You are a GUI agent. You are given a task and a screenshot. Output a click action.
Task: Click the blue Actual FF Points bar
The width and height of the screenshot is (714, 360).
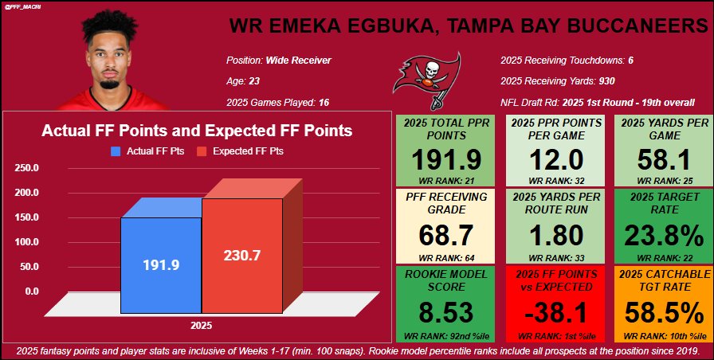pos(159,265)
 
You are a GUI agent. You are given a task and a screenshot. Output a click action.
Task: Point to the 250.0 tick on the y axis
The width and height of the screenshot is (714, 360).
pos(26,168)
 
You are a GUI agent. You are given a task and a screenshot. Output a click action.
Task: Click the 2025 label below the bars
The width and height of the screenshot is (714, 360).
pos(201,326)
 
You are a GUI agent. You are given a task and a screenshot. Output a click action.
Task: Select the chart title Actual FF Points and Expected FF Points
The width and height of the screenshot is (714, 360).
pos(197,131)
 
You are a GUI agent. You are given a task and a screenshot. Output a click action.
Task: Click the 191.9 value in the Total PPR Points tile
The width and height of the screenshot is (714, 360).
pos(446,159)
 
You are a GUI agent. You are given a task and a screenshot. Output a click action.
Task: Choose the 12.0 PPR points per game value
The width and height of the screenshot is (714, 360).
pos(556,159)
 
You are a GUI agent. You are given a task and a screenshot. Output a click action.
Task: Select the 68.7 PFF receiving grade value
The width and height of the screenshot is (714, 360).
pos(446,236)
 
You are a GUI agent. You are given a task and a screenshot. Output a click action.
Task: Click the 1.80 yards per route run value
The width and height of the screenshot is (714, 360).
pos(556,236)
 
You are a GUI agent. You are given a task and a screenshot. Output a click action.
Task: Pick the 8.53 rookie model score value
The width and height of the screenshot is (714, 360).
pos(446,311)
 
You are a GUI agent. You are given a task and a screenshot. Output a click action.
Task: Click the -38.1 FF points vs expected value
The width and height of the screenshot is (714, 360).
pos(556,311)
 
